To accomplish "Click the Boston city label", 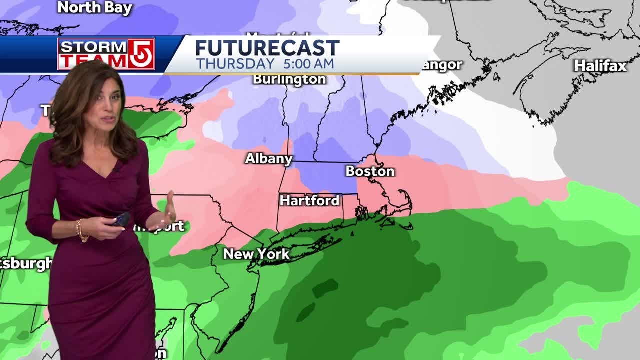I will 370,171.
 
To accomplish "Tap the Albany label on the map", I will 268,159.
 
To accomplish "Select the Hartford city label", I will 309,200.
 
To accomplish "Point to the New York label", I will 256,254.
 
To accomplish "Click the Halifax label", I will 600,66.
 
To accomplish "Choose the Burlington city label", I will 289,79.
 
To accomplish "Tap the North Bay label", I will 94,8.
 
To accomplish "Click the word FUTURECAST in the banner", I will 267,48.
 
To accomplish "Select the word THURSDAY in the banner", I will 235,64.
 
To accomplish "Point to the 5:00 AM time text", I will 308,64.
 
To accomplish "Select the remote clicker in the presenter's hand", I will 121,219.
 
